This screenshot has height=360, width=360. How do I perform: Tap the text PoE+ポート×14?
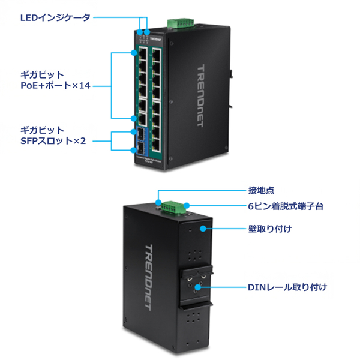(x=55, y=86)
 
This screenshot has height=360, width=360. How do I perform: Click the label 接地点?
(x=261, y=190)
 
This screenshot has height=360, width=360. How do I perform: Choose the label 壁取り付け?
(x=270, y=229)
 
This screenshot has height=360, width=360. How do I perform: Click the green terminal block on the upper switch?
(x=181, y=23)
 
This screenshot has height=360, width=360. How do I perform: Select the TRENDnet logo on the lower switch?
(x=149, y=277)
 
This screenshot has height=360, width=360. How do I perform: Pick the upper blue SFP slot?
(x=140, y=134)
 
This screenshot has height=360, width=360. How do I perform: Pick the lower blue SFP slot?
(x=140, y=148)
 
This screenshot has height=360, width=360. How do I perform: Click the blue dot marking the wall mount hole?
(x=204, y=229)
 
